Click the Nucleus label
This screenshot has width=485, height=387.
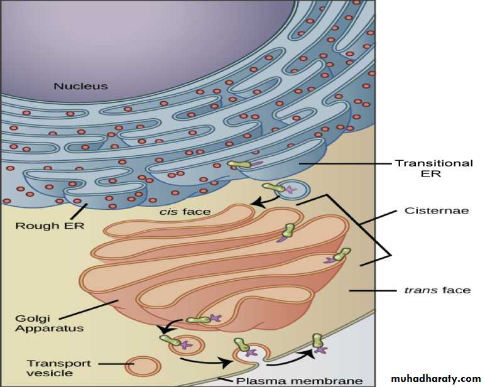pyautogui.click(x=81, y=86)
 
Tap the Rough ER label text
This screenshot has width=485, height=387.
pyautogui.click(x=50, y=226)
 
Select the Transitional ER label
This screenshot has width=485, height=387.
pyautogui.click(x=434, y=168)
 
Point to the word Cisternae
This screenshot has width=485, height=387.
pyautogui.click(x=437, y=210)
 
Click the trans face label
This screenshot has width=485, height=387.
pyautogui.click(x=438, y=290)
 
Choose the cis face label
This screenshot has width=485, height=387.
pyautogui.click(x=185, y=212)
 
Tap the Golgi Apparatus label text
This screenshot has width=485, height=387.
pyautogui.click(x=50, y=324)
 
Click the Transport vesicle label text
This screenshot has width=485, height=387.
pyautogui.click(x=59, y=368)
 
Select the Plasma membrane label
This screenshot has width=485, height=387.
pyautogui.click(x=300, y=381)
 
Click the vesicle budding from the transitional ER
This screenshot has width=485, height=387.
pyautogui.click(x=291, y=189)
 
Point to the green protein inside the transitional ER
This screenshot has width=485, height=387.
pyautogui.click(x=239, y=164)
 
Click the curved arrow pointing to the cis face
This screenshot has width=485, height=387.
pyautogui.click(x=266, y=201)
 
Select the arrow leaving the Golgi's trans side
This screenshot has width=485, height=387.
pyautogui.click(x=168, y=325)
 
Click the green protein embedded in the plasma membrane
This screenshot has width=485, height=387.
pyautogui.click(x=318, y=341)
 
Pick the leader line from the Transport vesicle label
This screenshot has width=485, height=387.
pyautogui.click(x=116, y=364)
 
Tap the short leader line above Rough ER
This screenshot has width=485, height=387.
pyautogui.click(x=80, y=211)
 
